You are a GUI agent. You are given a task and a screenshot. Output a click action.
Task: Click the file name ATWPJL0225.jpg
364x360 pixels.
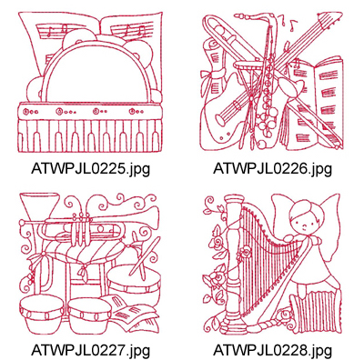point(90,168)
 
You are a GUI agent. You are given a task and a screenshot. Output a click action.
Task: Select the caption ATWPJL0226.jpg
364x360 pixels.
point(272,168)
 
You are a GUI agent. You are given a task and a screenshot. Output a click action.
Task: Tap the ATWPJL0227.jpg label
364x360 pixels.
point(90,350)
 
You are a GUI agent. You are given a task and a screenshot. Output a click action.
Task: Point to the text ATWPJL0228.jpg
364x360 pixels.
point(272,350)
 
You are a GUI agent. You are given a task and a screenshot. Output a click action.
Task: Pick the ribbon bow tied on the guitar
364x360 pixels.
point(214,74)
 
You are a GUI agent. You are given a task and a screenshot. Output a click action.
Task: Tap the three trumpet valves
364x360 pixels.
point(81,229)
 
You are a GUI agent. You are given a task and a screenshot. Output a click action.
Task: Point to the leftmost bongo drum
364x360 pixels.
point(42,314)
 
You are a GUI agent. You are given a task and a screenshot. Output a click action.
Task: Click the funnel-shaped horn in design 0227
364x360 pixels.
point(39,207)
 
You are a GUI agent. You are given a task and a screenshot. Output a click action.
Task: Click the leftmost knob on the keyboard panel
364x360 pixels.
point(26,112)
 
